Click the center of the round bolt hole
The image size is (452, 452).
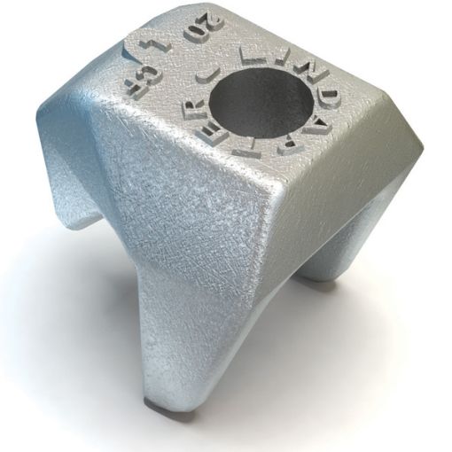[266, 105]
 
